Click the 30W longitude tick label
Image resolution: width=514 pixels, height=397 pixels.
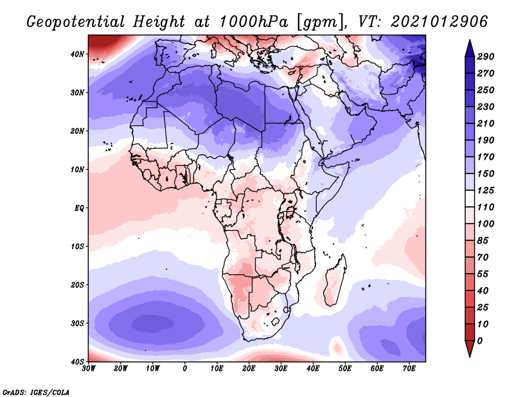pos(89,369)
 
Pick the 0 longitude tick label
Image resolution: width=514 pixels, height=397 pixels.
pos(185,369)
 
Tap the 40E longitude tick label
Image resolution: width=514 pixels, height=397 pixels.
pos(313,369)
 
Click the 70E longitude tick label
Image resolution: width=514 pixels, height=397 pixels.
pos(409,369)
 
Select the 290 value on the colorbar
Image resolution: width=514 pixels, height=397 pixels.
pos(484,57)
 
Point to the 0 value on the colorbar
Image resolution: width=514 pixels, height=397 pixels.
pos(480,340)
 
